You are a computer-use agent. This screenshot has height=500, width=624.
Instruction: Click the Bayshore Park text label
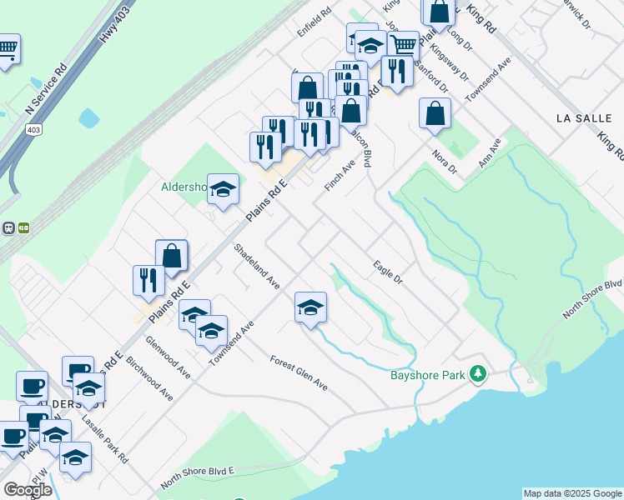point(427,375)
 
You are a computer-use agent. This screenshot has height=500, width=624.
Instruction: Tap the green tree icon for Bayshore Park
point(478,373)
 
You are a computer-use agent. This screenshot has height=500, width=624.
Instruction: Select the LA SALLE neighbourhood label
point(584,119)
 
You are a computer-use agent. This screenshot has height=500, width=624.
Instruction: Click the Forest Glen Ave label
point(299,373)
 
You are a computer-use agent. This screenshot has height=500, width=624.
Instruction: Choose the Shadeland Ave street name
point(256,266)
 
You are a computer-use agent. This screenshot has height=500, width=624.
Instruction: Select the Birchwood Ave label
point(151,381)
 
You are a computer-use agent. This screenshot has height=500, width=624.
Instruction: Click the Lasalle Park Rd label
point(106,441)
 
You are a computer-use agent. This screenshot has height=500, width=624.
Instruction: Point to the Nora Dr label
point(445,161)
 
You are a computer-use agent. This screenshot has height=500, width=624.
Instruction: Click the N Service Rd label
point(46,91)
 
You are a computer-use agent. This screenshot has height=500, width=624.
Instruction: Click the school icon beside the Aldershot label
point(223,189)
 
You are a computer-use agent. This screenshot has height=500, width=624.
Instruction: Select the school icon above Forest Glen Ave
point(310,307)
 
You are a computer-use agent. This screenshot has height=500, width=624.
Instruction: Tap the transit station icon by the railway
point(15,227)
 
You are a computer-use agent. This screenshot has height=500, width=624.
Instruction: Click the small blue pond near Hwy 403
point(88,118)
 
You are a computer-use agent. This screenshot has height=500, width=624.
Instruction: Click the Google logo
point(28,489)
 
